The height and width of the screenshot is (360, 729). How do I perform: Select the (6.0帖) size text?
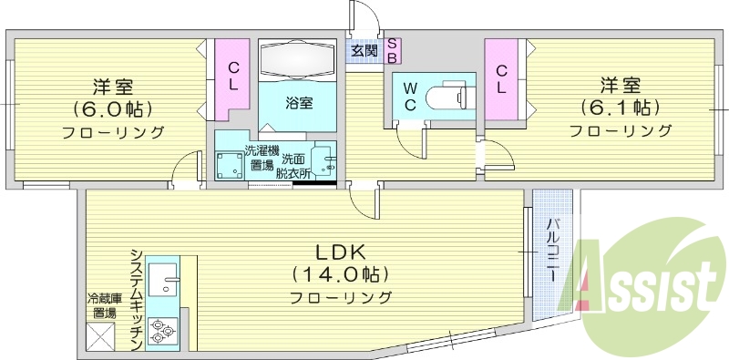(x=113, y=109)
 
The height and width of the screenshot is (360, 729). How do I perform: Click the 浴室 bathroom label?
(x=299, y=102)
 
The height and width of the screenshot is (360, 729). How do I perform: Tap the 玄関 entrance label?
(x=364, y=51)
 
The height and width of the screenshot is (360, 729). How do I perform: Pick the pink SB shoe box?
(x=392, y=50)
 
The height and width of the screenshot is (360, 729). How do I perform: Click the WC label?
(x=410, y=97)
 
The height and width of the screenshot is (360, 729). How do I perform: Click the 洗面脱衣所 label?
(x=295, y=164)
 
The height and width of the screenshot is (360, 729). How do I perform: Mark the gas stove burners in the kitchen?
(x=165, y=330)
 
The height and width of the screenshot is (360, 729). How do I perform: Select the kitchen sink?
(x=165, y=279)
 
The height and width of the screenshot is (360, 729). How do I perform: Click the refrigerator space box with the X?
(x=101, y=337)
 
